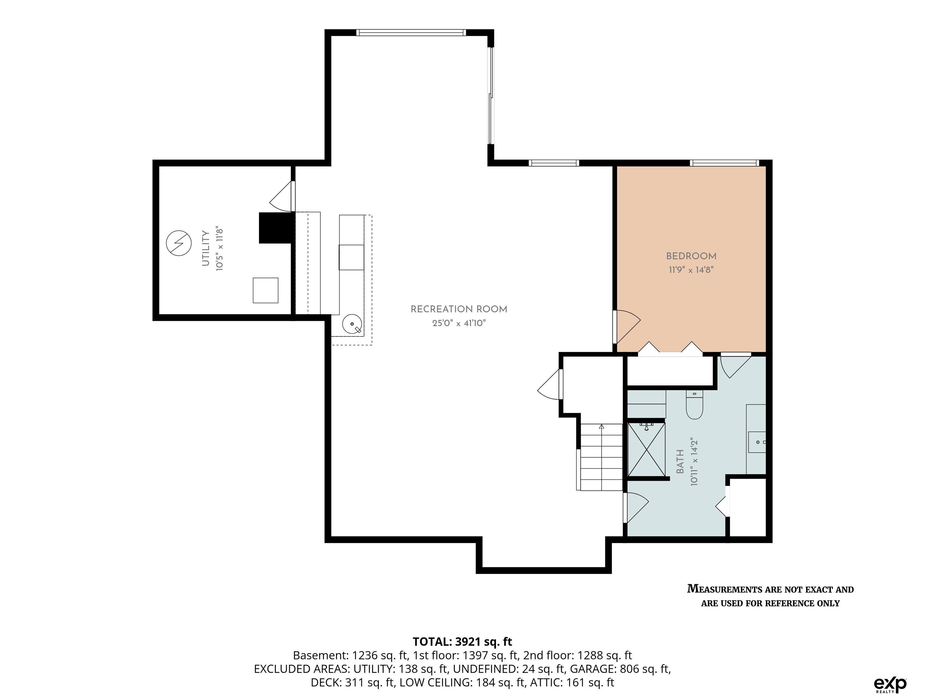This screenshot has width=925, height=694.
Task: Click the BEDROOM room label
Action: (x=691, y=256)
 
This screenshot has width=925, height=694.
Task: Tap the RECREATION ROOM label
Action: (x=459, y=309)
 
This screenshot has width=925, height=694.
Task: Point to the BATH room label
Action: (x=680, y=462)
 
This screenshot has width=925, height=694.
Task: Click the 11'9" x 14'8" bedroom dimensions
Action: (x=691, y=270)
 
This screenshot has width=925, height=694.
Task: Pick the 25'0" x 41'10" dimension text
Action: (x=459, y=323)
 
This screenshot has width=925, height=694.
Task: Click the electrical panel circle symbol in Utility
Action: (x=179, y=243)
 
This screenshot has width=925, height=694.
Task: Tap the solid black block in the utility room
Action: (x=276, y=228)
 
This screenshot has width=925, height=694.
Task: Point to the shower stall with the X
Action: (x=646, y=449)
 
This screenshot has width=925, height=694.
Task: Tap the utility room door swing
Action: (x=282, y=196)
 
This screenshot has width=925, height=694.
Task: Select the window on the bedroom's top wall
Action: (x=724, y=163)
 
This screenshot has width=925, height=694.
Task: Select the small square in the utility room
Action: (x=266, y=290)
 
